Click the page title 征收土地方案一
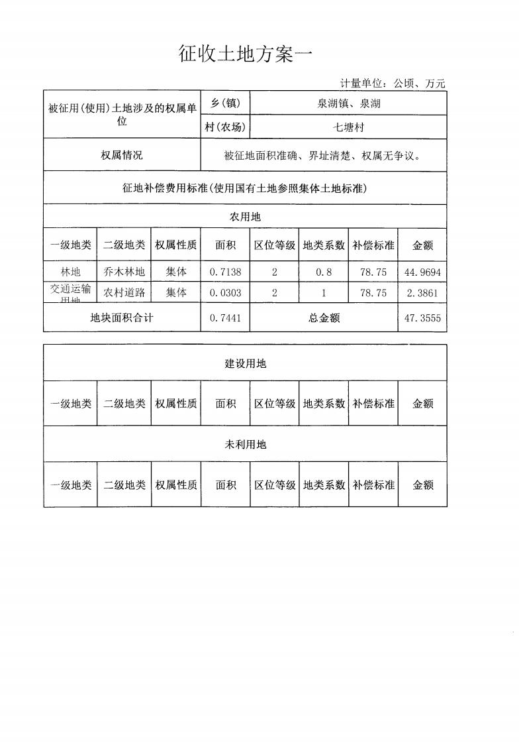(245, 54)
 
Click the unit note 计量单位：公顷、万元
(393, 84)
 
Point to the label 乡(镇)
(225, 103)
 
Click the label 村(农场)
(225, 127)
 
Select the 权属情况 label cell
(122, 156)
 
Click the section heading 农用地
(245, 217)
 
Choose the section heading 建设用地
(245, 364)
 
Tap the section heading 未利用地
(245, 445)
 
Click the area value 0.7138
(225, 272)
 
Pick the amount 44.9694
(422, 272)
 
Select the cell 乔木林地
(124, 272)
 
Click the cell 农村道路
(124, 293)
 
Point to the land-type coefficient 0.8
(324, 272)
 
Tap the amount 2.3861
(422, 293)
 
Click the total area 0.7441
(225, 318)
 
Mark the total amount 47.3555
(422, 318)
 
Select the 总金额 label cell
(324, 318)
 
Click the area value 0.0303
(225, 293)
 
